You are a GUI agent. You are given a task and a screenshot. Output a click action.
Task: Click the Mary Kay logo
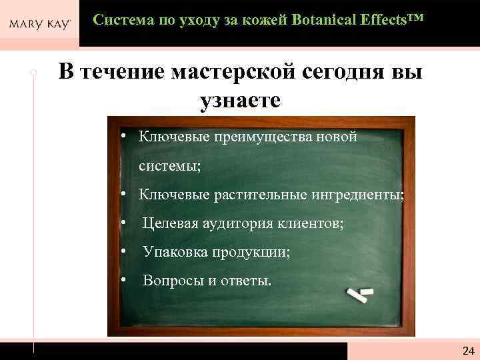[39, 25]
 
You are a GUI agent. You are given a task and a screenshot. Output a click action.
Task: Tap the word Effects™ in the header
[388, 20]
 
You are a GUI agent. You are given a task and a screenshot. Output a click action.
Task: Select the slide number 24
[467, 351]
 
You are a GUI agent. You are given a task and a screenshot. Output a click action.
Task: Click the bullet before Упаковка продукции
[125, 251]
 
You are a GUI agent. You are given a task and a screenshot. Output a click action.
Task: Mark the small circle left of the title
[33, 71]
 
